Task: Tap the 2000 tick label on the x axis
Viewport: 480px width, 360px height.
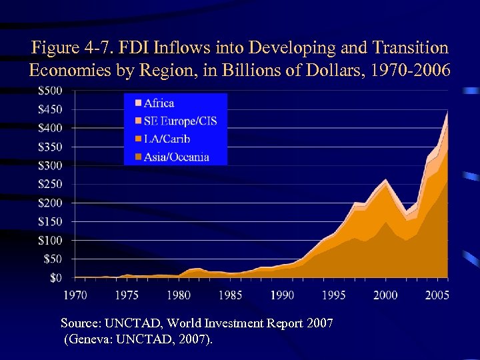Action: (x=386, y=294)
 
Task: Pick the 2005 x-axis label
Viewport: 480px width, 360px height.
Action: (x=437, y=294)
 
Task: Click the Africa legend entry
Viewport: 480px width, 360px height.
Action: (x=159, y=103)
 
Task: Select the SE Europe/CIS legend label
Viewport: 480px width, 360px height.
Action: (x=180, y=121)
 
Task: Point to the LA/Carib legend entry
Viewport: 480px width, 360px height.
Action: (x=167, y=139)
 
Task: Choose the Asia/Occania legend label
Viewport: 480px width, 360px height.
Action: (x=176, y=157)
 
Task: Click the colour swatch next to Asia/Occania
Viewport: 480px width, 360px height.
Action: (x=138, y=157)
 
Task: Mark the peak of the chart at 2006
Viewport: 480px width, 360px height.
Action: (x=447, y=111)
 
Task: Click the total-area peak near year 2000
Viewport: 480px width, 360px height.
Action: (x=386, y=179)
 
